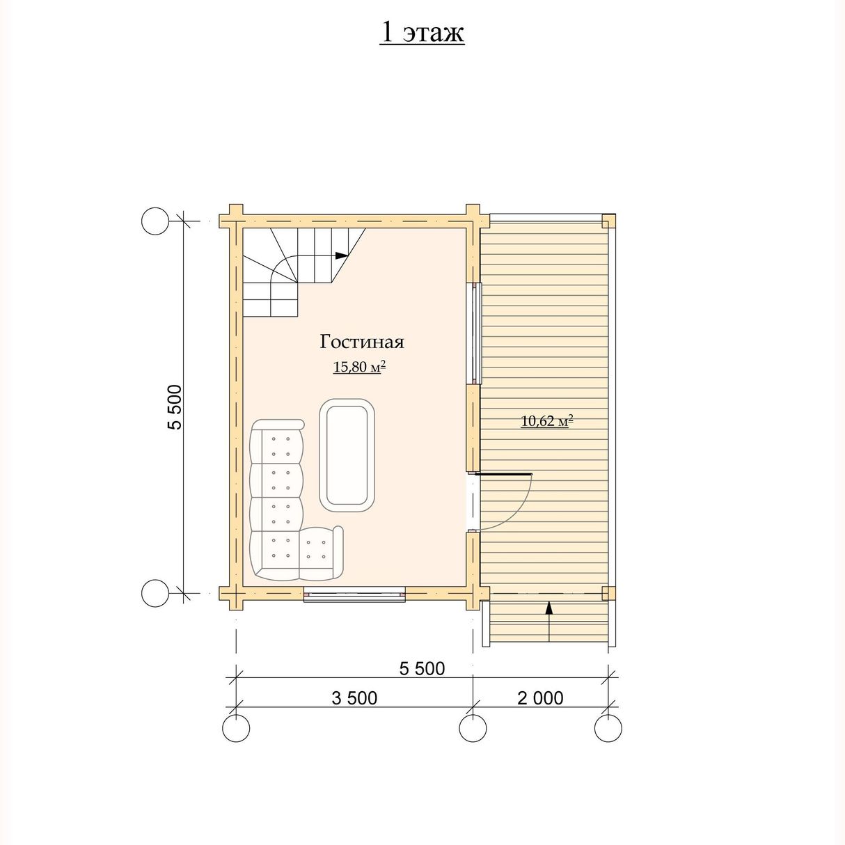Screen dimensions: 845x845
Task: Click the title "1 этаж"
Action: pos(421,33)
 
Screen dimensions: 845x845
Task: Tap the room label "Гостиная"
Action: pos(362,342)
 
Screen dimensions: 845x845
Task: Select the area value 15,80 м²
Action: pos(359,366)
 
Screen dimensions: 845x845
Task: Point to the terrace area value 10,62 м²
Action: pos(548,421)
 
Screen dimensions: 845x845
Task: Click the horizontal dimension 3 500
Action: pos(354,698)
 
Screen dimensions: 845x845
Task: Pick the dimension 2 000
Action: pos(540,698)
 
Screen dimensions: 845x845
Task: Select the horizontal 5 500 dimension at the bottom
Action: pos(422,669)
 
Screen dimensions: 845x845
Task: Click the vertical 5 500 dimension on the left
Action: pos(175,407)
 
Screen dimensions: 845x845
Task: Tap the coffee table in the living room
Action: pos(347,455)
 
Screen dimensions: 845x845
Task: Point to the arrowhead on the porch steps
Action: pos(548,608)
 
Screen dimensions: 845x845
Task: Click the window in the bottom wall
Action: pos(355,594)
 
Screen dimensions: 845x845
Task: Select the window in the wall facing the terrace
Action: pos(476,333)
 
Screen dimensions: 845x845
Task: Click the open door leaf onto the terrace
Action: pos(503,474)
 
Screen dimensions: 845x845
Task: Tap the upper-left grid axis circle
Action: pos(155,221)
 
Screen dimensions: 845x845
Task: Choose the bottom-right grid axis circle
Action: pos(608,728)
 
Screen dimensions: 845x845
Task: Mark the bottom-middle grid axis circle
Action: pos(473,728)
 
